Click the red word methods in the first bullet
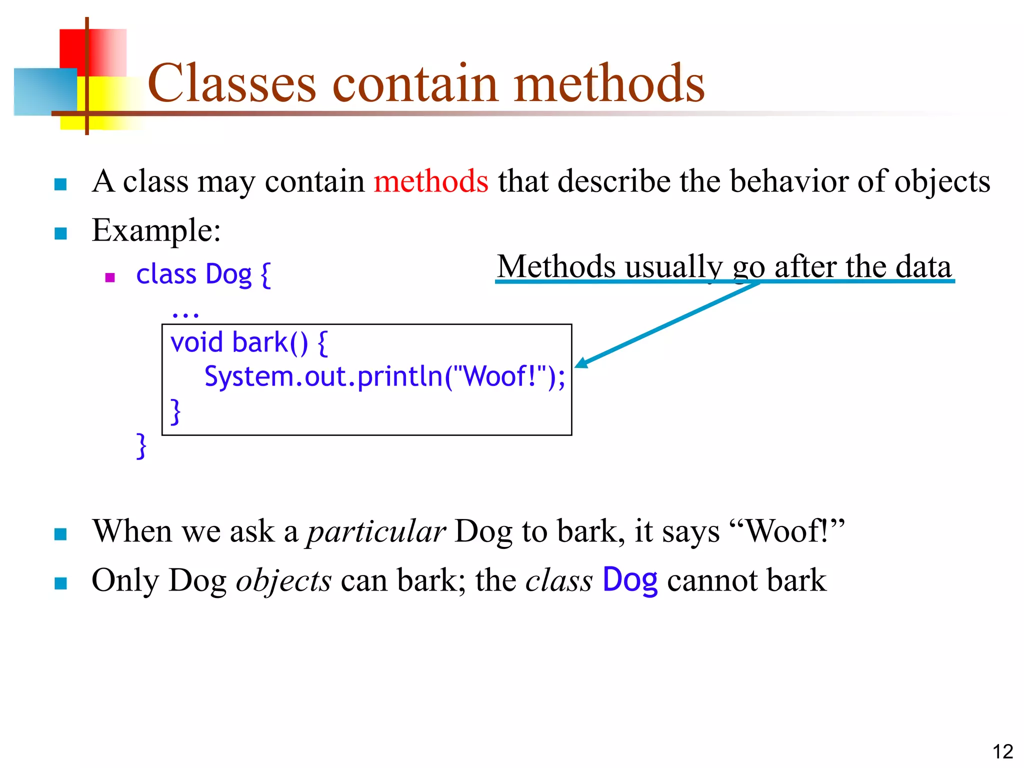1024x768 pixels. pyautogui.click(x=430, y=181)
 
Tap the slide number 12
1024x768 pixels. pyautogui.click(x=1002, y=751)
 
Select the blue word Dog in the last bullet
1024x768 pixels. pyautogui.click(x=629, y=580)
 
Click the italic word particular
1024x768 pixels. pyautogui.click(x=376, y=531)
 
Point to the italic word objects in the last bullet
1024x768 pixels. pyautogui.click(x=283, y=580)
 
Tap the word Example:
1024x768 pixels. pyautogui.click(x=156, y=230)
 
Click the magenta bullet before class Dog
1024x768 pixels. pyautogui.click(x=110, y=277)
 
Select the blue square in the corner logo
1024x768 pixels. pyautogui.click(x=45, y=92)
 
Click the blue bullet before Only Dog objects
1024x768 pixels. pyautogui.click(x=60, y=583)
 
